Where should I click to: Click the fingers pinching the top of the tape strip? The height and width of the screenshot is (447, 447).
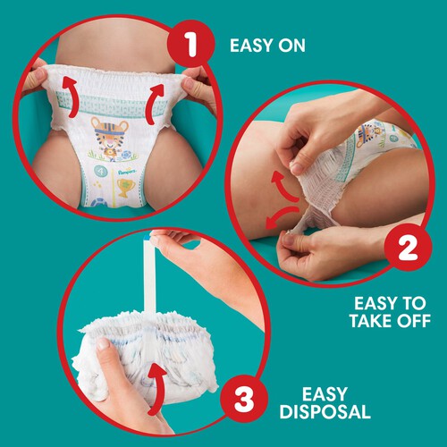point(170,238)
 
